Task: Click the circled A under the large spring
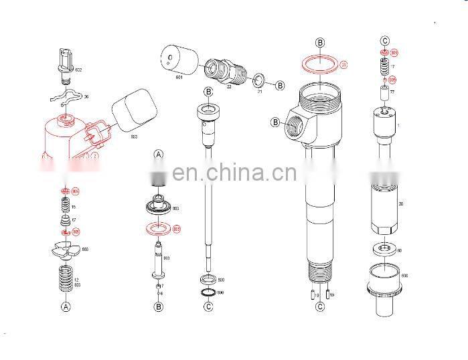click(66, 306)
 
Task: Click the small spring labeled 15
click(65, 206)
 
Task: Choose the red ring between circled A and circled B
click(159, 230)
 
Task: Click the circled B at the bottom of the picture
click(159, 306)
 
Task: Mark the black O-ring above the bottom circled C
click(208, 292)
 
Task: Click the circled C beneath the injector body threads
click(320, 306)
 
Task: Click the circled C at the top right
click(384, 40)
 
